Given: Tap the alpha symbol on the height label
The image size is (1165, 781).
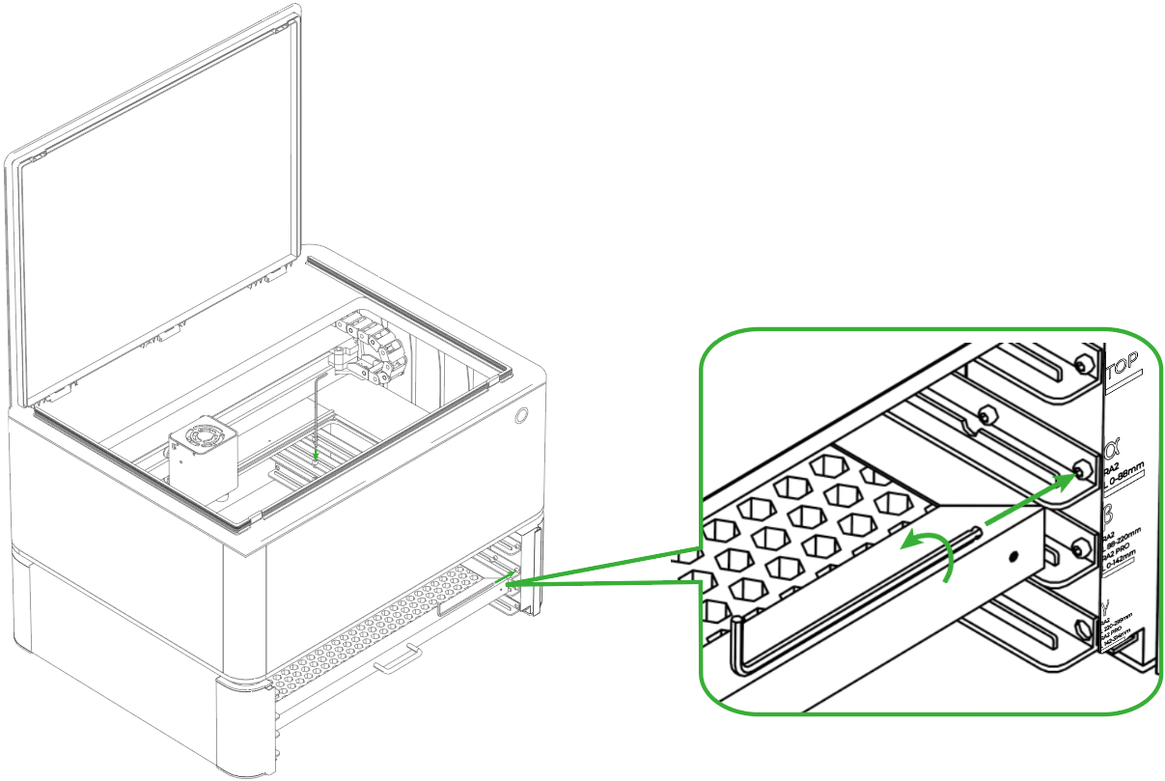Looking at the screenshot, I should (1113, 450).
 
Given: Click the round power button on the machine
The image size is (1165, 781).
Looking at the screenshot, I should (522, 415).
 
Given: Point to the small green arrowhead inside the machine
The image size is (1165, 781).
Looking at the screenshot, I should (315, 453).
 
